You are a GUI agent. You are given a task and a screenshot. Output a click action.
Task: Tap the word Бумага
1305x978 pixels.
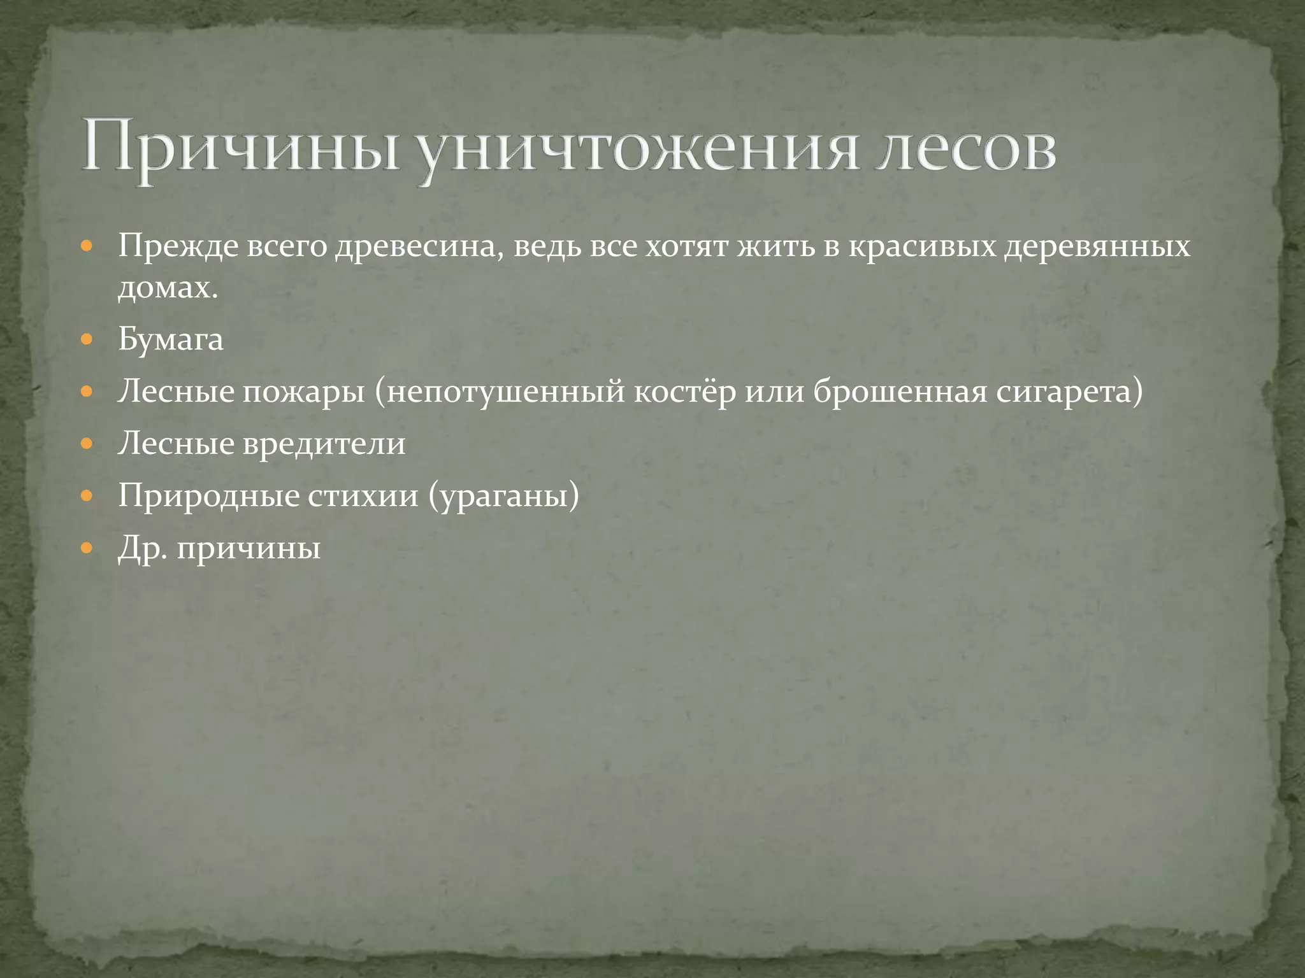click(x=171, y=339)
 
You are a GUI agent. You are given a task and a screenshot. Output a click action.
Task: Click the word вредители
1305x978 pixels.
click(x=324, y=444)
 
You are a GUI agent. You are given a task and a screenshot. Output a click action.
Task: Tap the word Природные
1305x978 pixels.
click(x=209, y=496)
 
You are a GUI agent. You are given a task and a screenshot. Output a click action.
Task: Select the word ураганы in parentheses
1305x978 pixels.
click(x=503, y=496)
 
